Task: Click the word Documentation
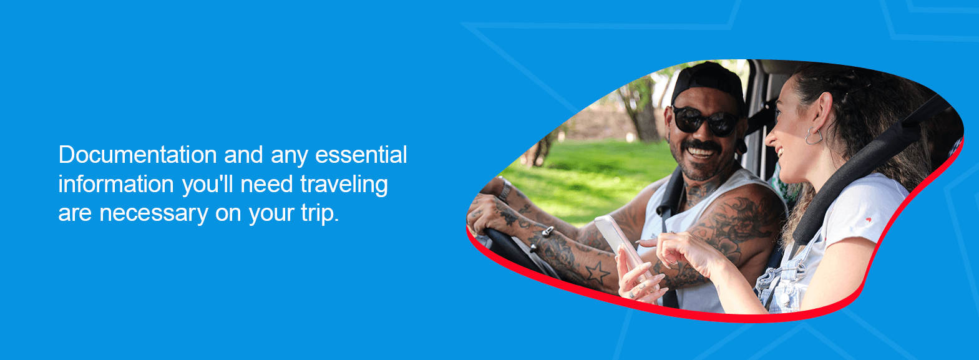tap(137, 155)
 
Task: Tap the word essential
tap(361, 155)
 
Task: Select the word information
tap(116, 184)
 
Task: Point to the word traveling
tap(344, 185)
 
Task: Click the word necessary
tap(153, 213)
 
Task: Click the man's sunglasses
tap(703, 120)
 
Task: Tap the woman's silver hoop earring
tap(814, 135)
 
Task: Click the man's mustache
tap(699, 146)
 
